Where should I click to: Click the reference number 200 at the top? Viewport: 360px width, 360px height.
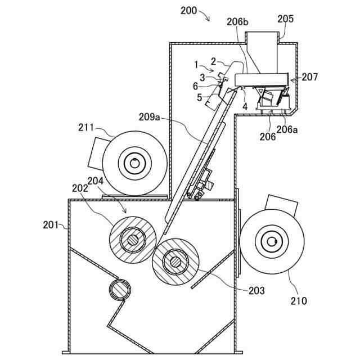[x=189, y=10]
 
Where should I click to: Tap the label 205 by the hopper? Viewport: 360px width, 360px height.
[x=285, y=19]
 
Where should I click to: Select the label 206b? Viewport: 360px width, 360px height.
[x=238, y=22]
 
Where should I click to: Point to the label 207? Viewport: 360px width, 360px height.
[x=309, y=77]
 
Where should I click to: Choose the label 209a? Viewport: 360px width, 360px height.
[x=150, y=117]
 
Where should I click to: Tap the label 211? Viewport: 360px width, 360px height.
[x=86, y=128]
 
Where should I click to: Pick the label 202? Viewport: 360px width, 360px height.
[x=80, y=189]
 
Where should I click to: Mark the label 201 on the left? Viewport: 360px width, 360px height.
[x=51, y=225]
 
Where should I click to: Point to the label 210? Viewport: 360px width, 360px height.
[x=298, y=301]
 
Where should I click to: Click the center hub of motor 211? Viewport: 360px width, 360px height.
[x=134, y=164]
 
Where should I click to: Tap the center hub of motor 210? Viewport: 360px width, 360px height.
[x=272, y=242]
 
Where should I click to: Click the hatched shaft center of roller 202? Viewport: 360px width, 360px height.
[x=133, y=240]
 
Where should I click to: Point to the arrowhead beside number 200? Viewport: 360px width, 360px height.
[x=208, y=20]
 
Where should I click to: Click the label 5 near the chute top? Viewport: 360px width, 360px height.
[x=199, y=97]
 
